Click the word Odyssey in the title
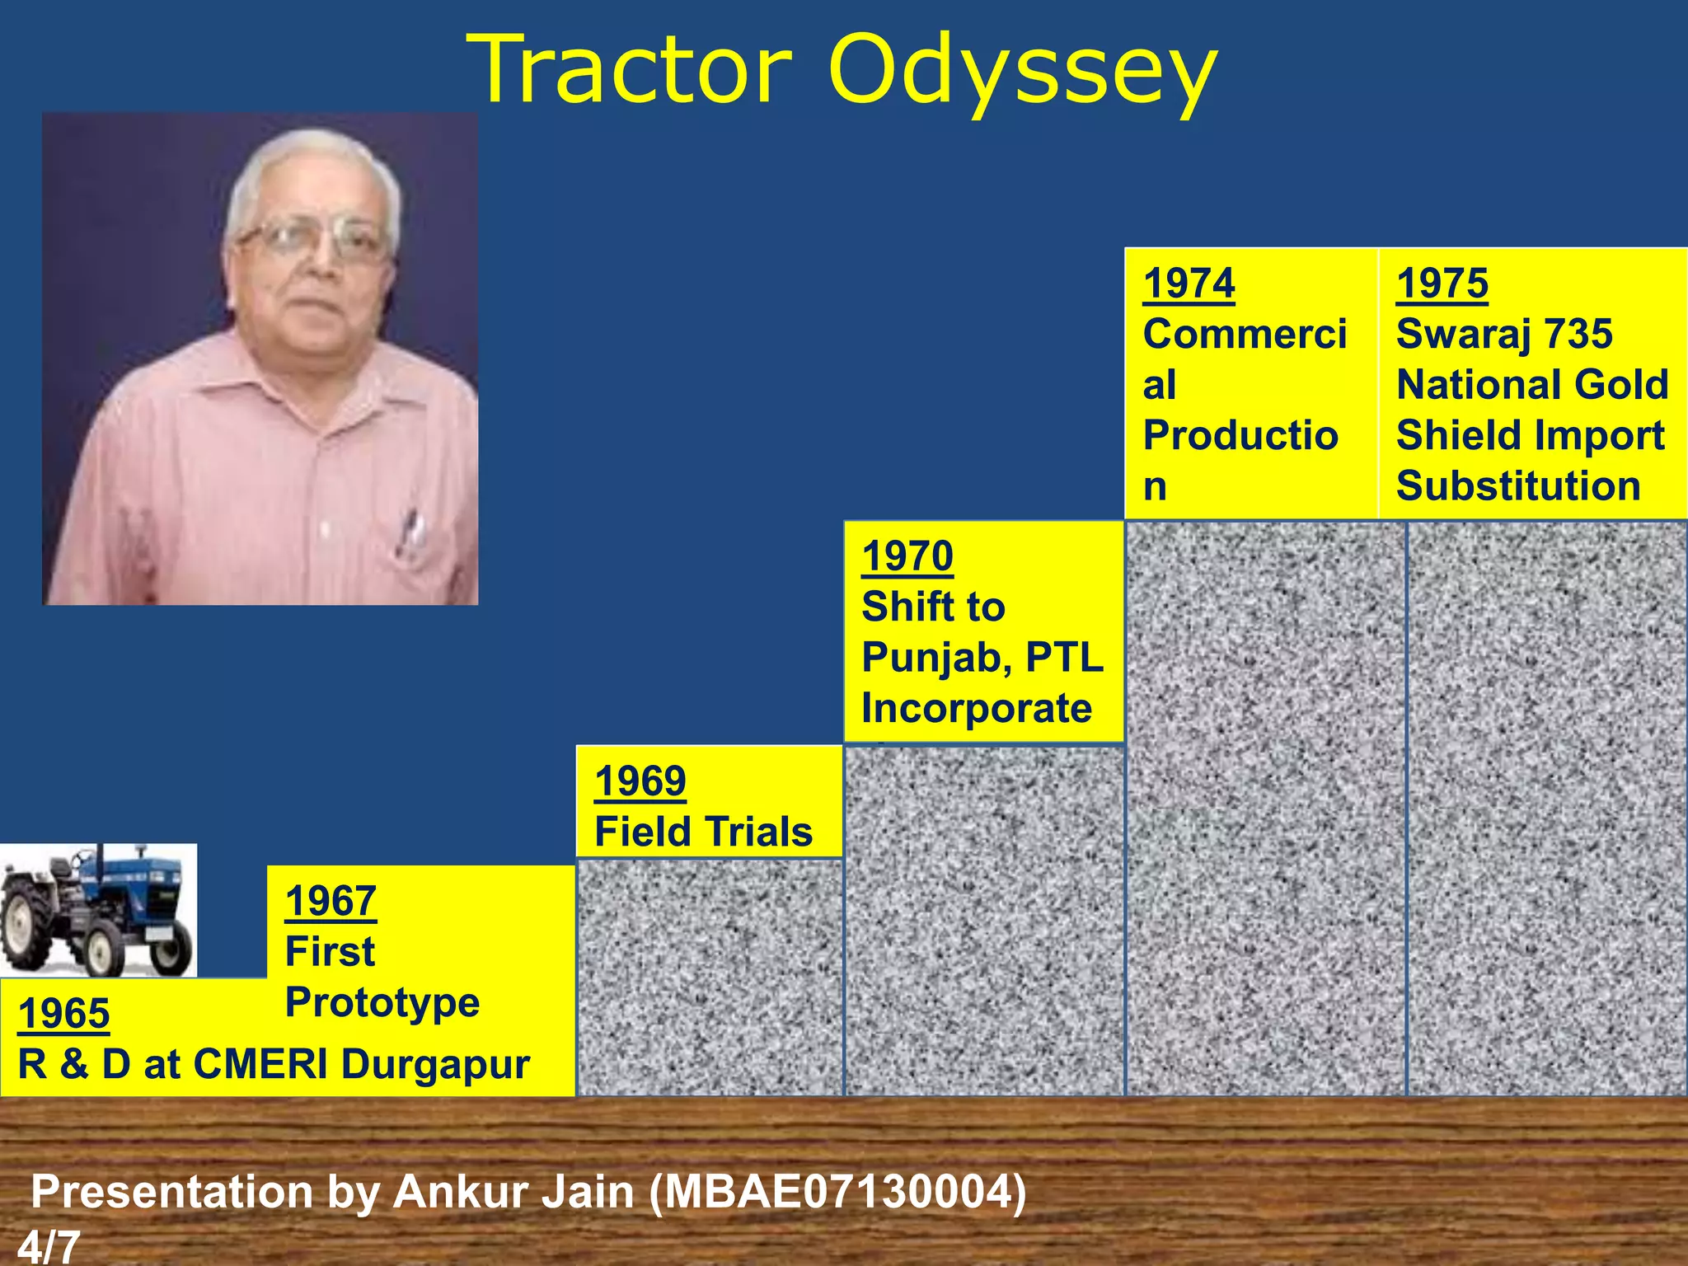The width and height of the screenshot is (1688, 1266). (x=1022, y=73)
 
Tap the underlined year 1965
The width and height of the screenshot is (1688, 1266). (x=63, y=1013)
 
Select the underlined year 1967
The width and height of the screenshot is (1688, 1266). (x=331, y=900)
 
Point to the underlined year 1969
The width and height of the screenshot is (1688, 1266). (x=640, y=781)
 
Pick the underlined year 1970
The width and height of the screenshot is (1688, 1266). (x=907, y=556)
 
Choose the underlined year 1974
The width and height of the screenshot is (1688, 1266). (x=1189, y=283)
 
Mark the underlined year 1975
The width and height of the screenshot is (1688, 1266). (x=1442, y=283)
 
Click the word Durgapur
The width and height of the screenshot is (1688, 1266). (x=435, y=1064)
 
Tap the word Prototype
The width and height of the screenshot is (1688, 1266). (x=382, y=1002)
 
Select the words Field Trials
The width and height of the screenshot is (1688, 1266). (x=703, y=831)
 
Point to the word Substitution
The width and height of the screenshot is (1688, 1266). (x=1518, y=485)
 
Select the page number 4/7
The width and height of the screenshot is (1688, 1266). (x=49, y=1247)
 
